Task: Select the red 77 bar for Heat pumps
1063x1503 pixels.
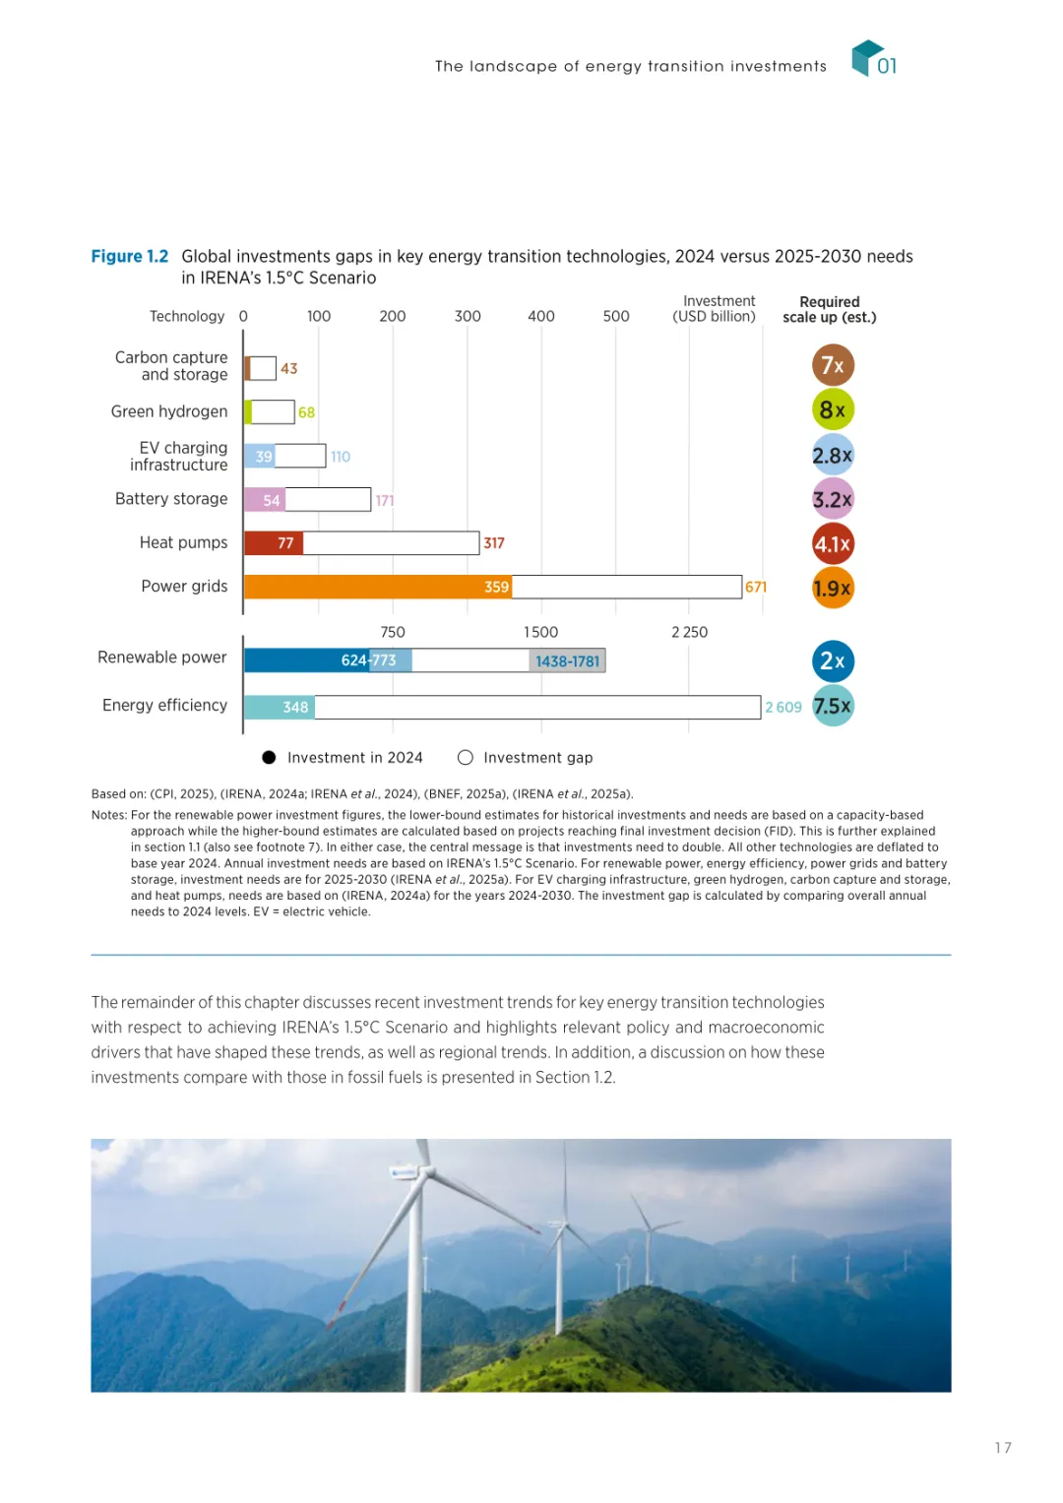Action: point(274,543)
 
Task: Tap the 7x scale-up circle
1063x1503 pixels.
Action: point(833,366)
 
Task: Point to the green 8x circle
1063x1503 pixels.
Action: point(833,409)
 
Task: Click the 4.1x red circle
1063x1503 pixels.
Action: point(833,544)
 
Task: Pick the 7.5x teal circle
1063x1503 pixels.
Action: point(833,706)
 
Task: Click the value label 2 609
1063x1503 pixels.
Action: point(783,708)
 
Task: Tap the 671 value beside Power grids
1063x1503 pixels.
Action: point(756,588)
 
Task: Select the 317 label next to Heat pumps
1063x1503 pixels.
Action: point(494,543)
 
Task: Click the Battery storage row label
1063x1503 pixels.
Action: point(171,499)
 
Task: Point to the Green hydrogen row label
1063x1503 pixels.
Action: point(169,411)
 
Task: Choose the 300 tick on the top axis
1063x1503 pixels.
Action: point(468,316)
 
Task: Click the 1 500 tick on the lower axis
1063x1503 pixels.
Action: point(540,632)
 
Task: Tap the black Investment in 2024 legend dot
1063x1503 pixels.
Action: point(269,758)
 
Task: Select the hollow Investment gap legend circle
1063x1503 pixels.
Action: point(466,758)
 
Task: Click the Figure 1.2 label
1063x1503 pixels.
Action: point(130,257)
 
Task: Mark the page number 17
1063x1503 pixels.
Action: point(1003,1448)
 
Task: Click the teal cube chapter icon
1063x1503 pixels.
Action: point(865,57)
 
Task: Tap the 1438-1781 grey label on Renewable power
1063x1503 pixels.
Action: point(567,661)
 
